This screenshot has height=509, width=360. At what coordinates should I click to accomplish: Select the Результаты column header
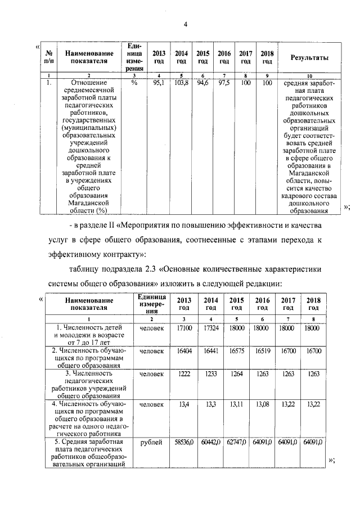309,57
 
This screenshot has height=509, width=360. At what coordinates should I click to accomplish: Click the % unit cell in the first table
134,83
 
